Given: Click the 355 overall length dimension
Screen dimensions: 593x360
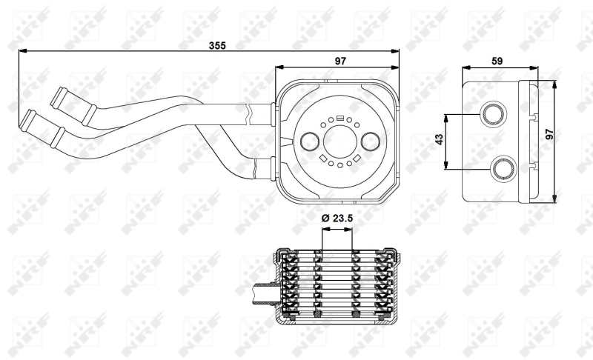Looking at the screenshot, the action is [217, 46].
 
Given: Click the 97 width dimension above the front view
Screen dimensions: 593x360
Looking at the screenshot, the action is [340, 61].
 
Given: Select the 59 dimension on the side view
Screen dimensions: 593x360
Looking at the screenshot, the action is [497, 61].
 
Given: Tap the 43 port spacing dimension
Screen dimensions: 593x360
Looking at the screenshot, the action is [439, 139].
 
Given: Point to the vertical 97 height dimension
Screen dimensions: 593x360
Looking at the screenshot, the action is [549, 134].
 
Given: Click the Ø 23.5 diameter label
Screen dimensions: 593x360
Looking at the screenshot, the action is [337, 218].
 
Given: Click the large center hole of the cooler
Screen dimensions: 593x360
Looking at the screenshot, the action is [340, 141].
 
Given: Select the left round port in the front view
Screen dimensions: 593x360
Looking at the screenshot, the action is [310, 141].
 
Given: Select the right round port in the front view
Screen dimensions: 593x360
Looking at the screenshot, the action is [370, 141].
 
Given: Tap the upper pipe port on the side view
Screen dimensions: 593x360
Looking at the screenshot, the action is [494, 114].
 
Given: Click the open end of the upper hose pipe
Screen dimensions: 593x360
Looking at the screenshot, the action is [57, 97].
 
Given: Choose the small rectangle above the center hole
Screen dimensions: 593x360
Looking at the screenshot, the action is [340, 117].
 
